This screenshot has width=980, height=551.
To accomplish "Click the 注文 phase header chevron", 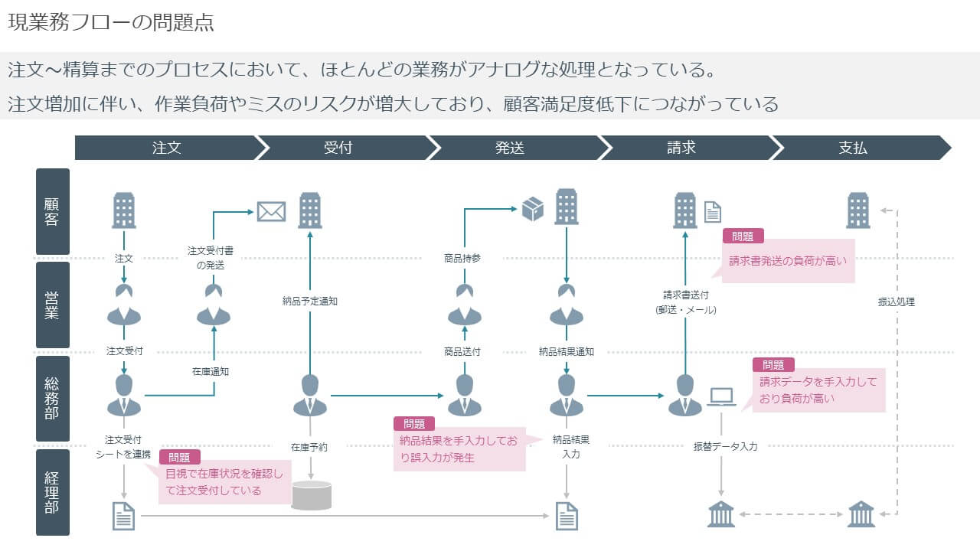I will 166,148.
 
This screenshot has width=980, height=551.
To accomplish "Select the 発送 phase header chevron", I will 509,148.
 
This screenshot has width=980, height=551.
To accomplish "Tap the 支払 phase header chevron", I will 852,148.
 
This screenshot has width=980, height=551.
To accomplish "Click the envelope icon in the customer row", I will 271,210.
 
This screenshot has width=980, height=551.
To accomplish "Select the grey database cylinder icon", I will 312,495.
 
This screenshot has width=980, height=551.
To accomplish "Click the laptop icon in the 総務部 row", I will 721,397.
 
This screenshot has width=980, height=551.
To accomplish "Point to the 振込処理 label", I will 896,302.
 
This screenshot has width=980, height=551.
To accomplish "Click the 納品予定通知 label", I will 310,301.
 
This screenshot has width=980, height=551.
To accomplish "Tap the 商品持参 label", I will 462,258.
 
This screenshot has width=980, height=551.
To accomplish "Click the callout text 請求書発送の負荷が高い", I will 788,260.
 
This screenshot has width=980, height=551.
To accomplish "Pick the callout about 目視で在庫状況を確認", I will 224,482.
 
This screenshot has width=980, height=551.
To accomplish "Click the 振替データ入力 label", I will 725,446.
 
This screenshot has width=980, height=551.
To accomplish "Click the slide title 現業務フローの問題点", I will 111,22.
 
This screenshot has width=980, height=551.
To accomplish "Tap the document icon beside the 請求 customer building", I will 712,212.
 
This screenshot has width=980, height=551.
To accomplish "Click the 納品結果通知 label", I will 567,352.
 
